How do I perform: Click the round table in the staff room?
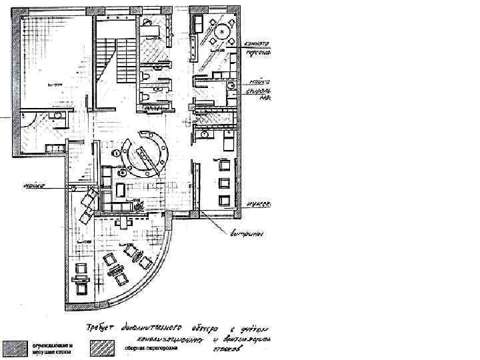tap(223, 30)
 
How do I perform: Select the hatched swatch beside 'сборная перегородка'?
tap(106, 347)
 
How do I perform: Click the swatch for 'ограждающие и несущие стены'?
tap(14, 347)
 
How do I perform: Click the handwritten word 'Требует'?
tap(99, 328)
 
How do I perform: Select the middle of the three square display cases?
tap(224, 182)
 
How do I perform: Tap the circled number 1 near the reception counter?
tap(117, 153)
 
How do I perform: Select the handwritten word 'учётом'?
tap(257, 329)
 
